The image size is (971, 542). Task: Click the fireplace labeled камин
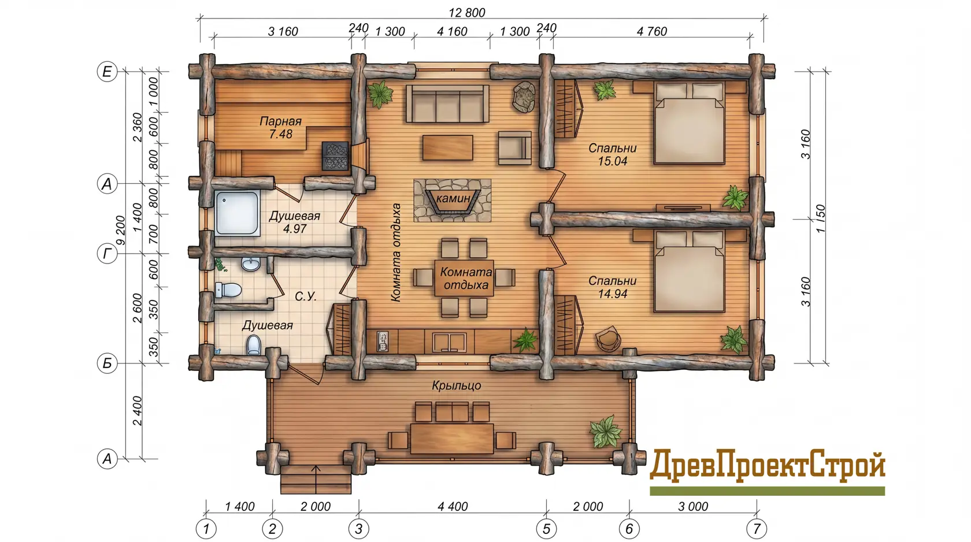[x=452, y=200]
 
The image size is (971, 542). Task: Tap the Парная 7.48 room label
[x=281, y=127]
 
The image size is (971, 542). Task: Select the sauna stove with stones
[x=335, y=156]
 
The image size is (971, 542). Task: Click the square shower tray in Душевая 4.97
[x=237, y=213]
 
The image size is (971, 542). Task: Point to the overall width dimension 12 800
[x=467, y=13]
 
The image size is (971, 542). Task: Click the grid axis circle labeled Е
[x=107, y=72]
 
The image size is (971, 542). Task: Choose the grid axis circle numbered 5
[x=546, y=529]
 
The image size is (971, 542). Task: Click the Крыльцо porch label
[x=457, y=385]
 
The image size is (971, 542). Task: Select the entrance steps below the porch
[x=316, y=480]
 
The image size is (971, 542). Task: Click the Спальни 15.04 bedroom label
[x=613, y=154]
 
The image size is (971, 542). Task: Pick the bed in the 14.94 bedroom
[x=689, y=272]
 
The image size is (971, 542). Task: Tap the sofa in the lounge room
[x=447, y=103]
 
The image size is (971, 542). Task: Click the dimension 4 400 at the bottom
[x=453, y=506]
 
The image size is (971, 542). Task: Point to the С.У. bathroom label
[x=306, y=296]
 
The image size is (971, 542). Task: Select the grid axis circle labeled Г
[x=107, y=254]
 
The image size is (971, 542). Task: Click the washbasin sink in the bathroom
[x=250, y=263]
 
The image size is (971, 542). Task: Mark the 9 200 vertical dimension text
[x=120, y=231]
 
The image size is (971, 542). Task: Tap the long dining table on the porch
[x=452, y=439]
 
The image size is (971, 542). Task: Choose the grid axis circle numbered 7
[x=757, y=529]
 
